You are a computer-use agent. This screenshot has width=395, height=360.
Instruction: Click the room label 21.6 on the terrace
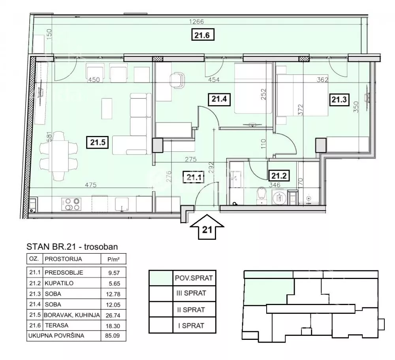tap(202, 35)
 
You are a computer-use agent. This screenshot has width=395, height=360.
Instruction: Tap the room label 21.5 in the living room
tap(98, 142)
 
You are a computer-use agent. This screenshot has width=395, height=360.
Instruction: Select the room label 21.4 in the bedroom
tap(219, 99)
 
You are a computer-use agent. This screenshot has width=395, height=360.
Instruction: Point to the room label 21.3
tap(339, 99)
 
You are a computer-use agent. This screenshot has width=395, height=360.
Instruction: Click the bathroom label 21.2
tap(278, 175)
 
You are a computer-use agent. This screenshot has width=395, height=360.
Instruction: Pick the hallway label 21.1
tap(194, 177)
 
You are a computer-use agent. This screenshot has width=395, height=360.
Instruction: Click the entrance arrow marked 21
tap(207, 227)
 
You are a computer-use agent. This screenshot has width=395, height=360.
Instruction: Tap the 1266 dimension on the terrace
tap(196, 21)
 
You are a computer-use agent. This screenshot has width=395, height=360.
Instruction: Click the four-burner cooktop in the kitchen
tap(71, 204)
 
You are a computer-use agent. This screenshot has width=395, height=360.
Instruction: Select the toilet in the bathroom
tap(262, 196)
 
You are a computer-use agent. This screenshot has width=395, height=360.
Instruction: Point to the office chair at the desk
tap(177, 80)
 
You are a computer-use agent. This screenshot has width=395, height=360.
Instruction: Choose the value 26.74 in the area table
tap(113, 315)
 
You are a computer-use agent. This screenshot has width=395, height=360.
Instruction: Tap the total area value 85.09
tap(112, 336)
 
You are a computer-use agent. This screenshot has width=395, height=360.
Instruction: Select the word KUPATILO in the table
tap(59, 283)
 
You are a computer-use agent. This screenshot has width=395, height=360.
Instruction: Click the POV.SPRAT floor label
tap(194, 278)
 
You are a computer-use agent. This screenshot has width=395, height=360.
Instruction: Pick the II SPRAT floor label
tap(191, 309)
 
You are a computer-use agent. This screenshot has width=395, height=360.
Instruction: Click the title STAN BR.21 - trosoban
tap(72, 247)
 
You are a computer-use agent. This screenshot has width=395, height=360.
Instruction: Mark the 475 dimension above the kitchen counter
tap(91, 185)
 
